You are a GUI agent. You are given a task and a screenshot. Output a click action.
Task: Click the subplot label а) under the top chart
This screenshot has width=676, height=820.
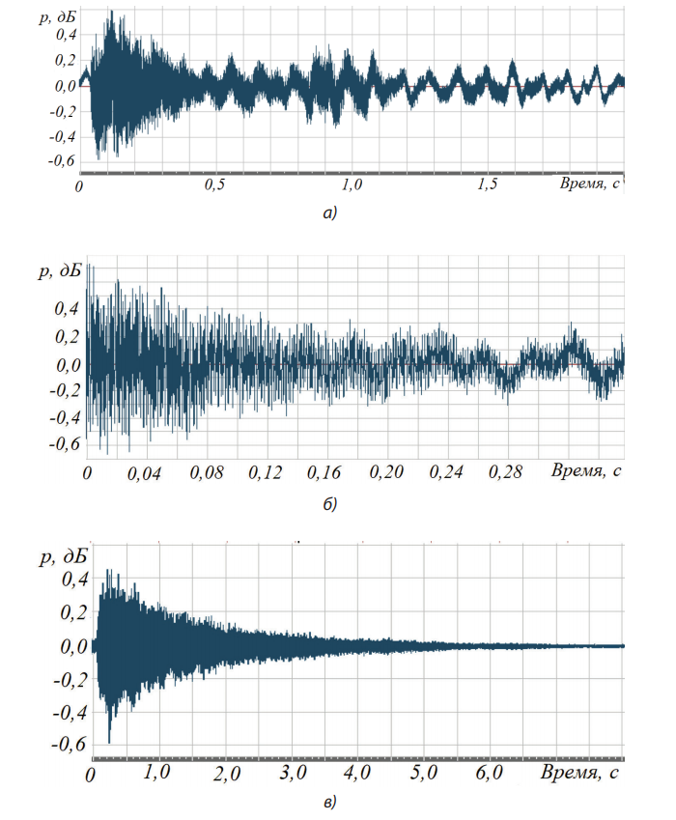(x=331, y=213)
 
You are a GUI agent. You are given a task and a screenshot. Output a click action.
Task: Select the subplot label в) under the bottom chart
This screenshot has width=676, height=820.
(x=331, y=801)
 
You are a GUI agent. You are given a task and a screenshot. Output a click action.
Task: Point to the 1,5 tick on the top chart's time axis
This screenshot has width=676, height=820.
(x=488, y=185)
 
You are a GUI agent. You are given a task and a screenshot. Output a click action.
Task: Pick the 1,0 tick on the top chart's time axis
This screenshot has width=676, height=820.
(x=352, y=185)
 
